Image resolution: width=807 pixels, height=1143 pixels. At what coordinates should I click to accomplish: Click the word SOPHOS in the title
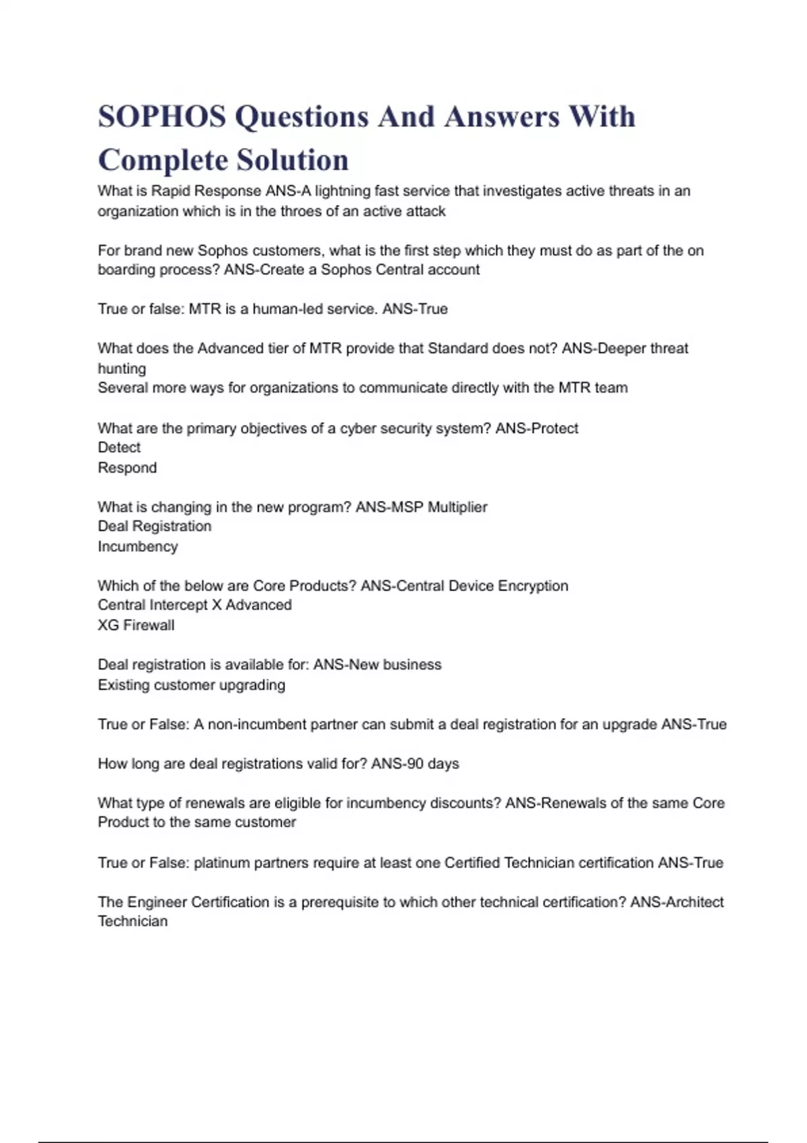(x=161, y=116)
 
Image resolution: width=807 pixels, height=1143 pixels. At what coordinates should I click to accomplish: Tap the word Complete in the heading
(x=161, y=160)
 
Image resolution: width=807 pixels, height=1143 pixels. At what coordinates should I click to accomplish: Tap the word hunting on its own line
(x=122, y=368)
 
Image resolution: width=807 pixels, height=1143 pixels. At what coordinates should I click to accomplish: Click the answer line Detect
(x=119, y=448)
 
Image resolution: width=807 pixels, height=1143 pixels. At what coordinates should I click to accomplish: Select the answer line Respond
(x=127, y=468)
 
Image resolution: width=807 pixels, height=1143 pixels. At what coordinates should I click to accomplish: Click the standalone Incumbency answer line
(x=138, y=547)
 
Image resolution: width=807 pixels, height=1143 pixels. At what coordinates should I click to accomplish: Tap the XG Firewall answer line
(x=136, y=625)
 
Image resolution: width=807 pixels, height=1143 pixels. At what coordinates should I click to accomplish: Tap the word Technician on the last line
(x=132, y=922)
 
